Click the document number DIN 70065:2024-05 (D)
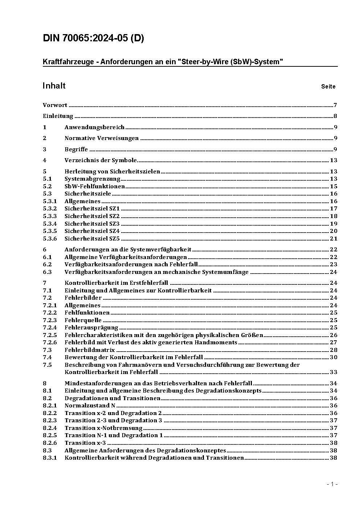93,38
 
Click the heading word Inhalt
54,86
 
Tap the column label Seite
328,86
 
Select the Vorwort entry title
55,105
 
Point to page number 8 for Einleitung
335,116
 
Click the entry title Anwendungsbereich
94,127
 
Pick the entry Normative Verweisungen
102,138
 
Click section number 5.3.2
50,209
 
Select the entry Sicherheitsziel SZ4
92,231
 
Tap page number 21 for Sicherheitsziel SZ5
334,238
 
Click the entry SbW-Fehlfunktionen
95,186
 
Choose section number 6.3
47,272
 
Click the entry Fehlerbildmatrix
90,350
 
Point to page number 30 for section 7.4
334,357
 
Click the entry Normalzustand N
90,406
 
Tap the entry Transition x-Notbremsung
103,428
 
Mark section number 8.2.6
50,443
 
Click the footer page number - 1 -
332,484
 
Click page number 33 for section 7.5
334,372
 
